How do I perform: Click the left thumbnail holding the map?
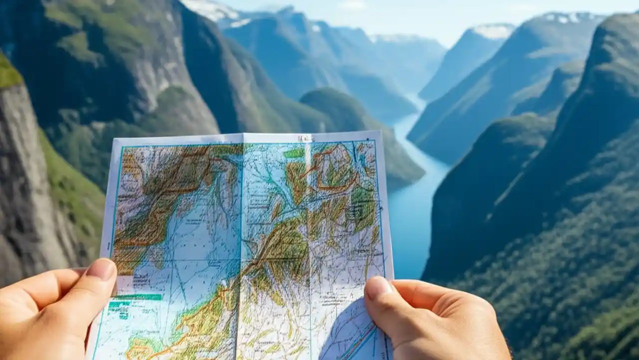click(101, 269)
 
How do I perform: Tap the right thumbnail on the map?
click(379, 287)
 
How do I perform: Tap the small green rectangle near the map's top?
click(295, 153)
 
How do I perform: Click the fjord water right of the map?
click(407, 225)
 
